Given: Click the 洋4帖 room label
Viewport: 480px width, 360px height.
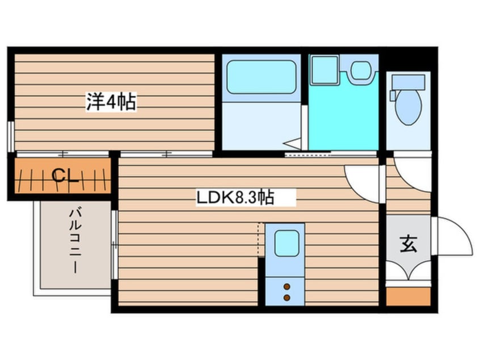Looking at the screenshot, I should point(111,102).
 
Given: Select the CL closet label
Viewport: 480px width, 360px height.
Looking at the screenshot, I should point(65,176).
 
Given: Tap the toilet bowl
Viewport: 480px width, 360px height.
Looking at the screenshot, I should point(409,107).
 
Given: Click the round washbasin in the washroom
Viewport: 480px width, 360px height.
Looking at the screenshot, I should point(360,71).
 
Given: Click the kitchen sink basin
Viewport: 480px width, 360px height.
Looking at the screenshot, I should point(286,244).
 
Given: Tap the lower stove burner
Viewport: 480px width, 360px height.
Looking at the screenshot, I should point(287,297).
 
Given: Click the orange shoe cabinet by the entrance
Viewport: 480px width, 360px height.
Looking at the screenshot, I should point(409,296).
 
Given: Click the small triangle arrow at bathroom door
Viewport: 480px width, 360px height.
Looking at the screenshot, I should point(293,143).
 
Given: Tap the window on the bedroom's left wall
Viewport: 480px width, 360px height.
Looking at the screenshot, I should point(11,137).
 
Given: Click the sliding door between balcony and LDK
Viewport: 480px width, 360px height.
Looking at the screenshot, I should point(115,244).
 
